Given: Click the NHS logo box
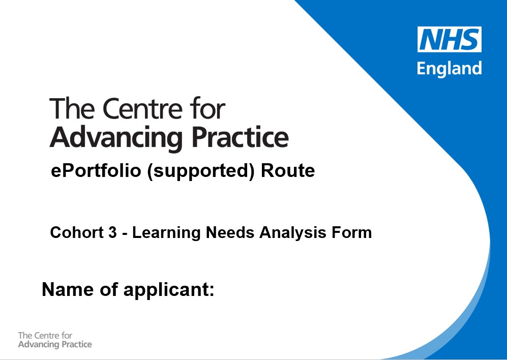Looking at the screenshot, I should point(449,39).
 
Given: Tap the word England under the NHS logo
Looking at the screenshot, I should point(449,68).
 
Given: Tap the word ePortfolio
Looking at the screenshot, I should point(96,171).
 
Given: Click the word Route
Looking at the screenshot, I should point(287,171).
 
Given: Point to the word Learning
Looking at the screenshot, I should point(164,233).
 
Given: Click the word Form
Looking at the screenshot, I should point(353,233).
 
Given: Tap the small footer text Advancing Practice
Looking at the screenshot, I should point(55,345).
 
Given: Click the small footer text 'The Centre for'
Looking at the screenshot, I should point(45,336).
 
